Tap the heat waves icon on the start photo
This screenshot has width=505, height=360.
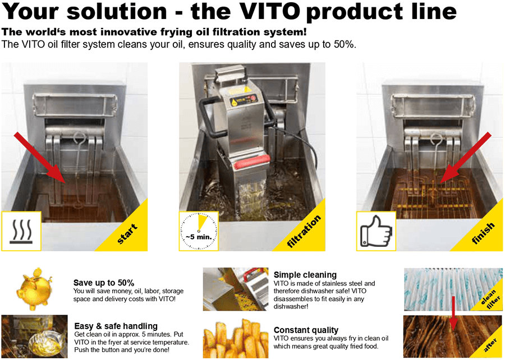[21, 232]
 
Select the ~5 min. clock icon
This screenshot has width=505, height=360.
[199, 231]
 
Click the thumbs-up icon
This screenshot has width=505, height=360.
[376, 231]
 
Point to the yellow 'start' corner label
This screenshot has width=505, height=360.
[127, 233]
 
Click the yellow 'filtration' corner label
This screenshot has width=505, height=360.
[304, 232]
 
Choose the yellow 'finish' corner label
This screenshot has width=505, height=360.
[483, 233]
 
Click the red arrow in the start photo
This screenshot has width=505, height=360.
[40, 158]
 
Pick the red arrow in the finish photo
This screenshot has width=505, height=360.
[465, 158]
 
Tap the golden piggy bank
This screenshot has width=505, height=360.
[34, 289]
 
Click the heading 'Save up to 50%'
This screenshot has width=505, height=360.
[104, 283]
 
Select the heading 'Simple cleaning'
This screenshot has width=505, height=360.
[305, 275]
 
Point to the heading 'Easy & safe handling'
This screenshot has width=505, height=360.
[116, 326]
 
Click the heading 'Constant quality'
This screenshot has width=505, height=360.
[306, 330]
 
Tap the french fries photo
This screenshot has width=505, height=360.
[236, 338]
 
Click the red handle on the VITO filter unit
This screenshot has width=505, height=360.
[251, 162]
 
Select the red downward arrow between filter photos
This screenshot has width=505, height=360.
[453, 313]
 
